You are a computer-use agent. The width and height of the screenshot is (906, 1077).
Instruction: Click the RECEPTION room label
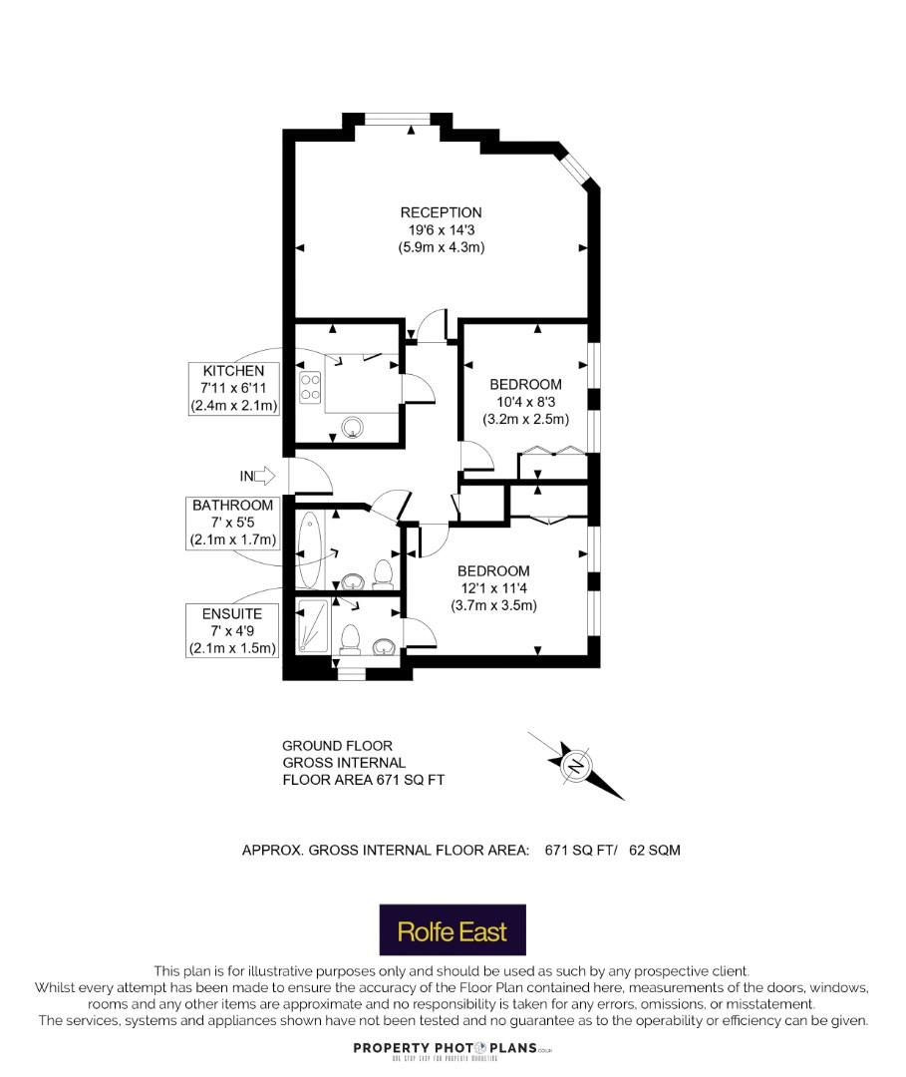(441, 213)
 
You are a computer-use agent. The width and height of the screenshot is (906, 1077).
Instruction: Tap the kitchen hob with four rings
(310, 386)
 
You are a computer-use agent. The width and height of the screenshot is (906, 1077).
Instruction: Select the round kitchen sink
(354, 427)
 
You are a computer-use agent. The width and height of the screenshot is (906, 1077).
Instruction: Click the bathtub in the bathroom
(309, 550)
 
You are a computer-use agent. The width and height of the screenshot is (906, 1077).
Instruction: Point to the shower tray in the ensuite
(312, 626)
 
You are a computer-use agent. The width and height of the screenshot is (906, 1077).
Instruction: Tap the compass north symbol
(576, 765)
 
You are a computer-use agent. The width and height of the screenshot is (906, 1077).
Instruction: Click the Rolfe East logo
(453, 930)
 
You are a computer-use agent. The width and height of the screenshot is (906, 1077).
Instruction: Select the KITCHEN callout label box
(234, 388)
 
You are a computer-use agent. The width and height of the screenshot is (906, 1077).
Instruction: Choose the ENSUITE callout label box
(232, 630)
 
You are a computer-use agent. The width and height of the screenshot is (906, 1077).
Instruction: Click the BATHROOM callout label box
(232, 523)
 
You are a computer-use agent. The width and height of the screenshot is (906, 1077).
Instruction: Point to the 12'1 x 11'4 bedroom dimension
(494, 588)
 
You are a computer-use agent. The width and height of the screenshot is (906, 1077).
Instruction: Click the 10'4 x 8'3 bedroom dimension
(525, 402)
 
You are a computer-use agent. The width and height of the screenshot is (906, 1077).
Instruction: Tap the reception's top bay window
(398, 120)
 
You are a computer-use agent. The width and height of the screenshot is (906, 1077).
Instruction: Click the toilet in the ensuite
(350, 639)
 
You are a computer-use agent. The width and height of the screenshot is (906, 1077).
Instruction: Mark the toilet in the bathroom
(383, 574)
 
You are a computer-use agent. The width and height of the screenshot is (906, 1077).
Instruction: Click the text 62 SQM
(655, 851)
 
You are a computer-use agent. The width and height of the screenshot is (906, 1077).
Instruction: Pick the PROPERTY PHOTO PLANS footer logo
(453, 1049)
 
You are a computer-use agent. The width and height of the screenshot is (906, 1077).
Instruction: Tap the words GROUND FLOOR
(337, 746)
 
